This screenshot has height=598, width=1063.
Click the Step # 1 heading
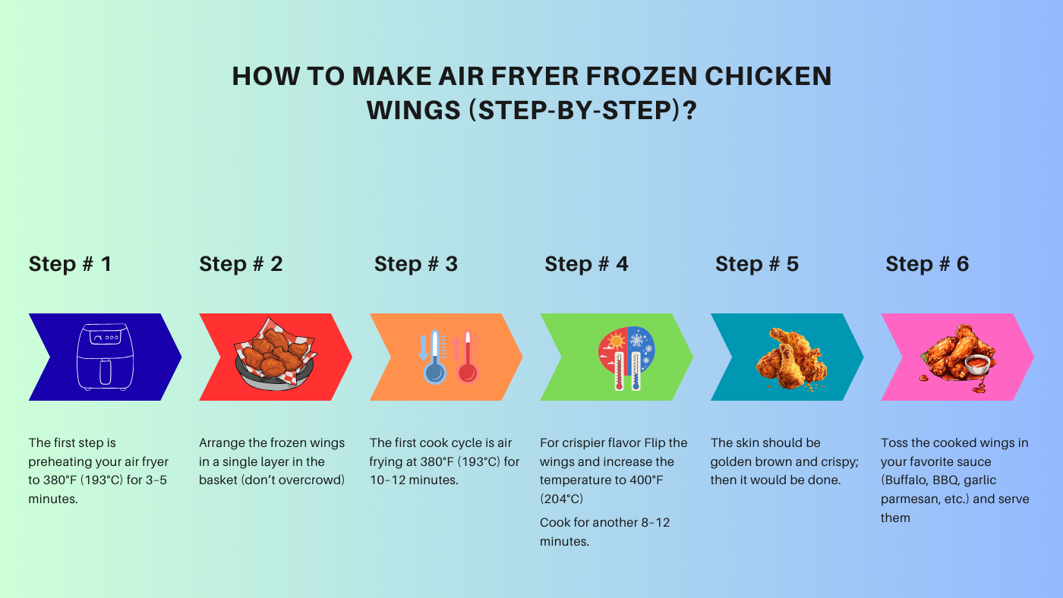pyautogui.click(x=70, y=264)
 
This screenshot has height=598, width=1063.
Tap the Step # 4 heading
pyautogui.click(x=586, y=264)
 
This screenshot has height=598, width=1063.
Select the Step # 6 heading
pyautogui.click(x=927, y=264)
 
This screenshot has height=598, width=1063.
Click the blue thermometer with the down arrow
pyautogui.click(x=434, y=357)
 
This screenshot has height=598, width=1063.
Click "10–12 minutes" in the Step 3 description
pyautogui.click(x=413, y=480)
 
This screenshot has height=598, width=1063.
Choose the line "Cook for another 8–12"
pyautogui.click(x=604, y=523)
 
